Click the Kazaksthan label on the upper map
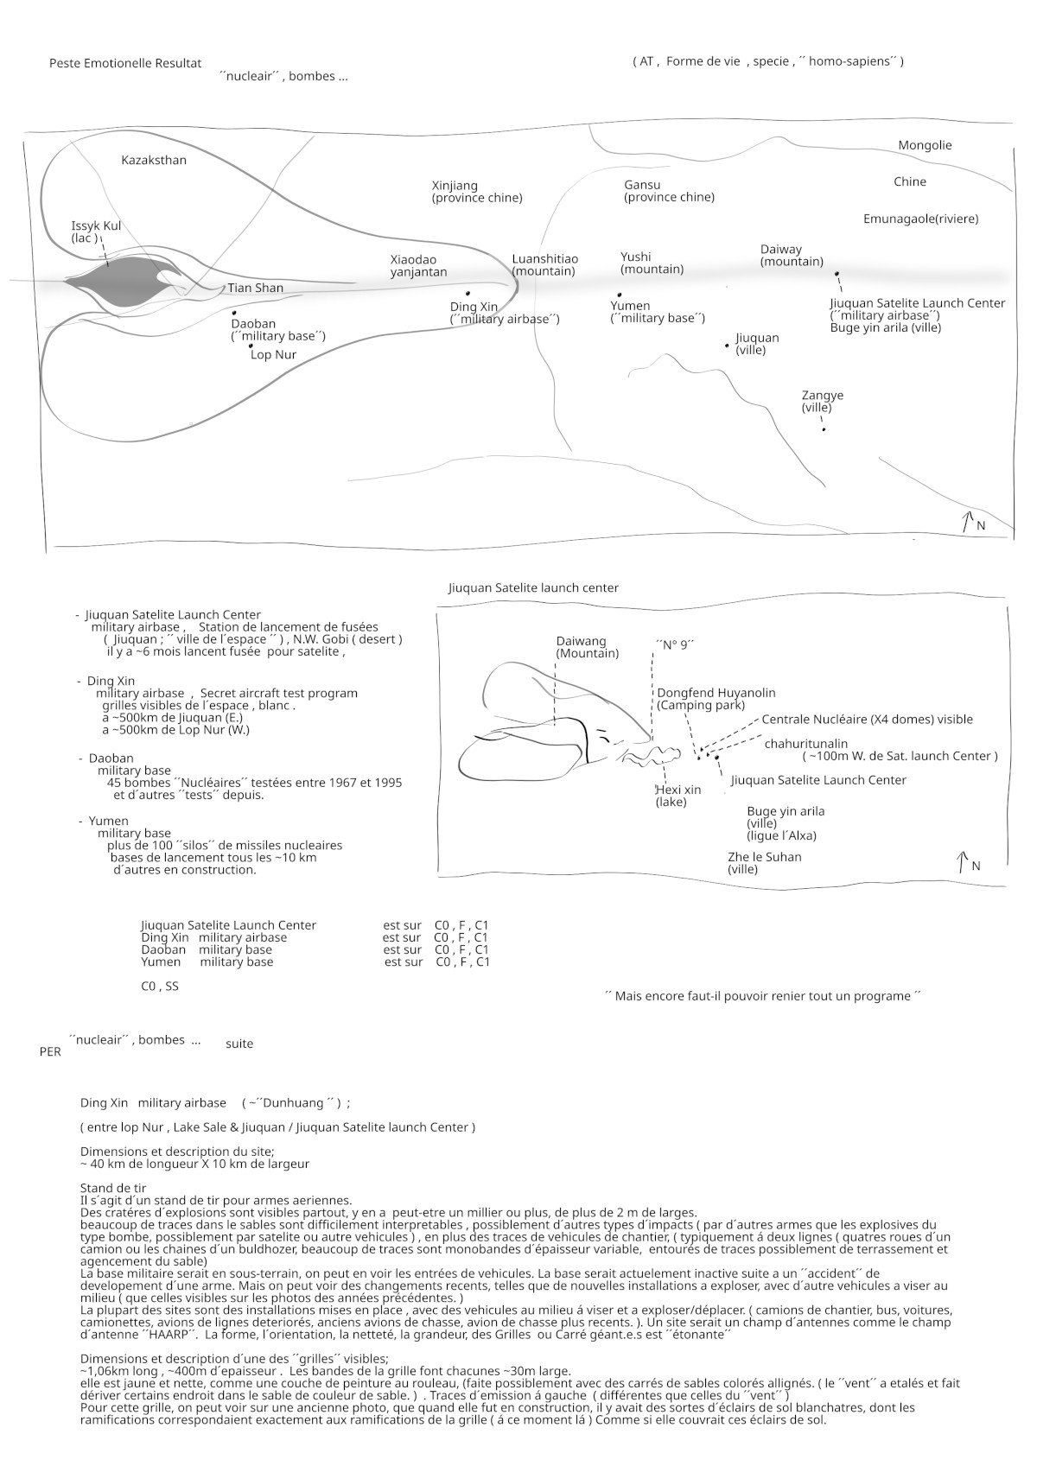coord(153,160)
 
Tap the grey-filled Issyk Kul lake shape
coord(117,282)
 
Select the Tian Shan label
coord(255,288)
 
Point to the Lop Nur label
coord(273,355)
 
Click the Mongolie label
coord(925,145)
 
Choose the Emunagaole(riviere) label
coord(920,219)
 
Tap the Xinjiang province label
coord(476,192)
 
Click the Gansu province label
coord(669,191)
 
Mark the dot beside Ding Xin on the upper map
coord(468,294)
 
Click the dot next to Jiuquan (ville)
coord(727,346)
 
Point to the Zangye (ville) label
coord(822,401)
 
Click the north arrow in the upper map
coord(965,521)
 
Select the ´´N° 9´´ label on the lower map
coord(675,644)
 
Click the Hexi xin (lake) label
coord(678,796)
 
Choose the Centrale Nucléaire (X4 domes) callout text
coord(867,720)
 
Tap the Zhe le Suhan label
coord(764,863)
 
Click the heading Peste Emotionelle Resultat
coord(125,63)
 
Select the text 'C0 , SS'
coord(160,986)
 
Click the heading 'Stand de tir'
coord(113,1188)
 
